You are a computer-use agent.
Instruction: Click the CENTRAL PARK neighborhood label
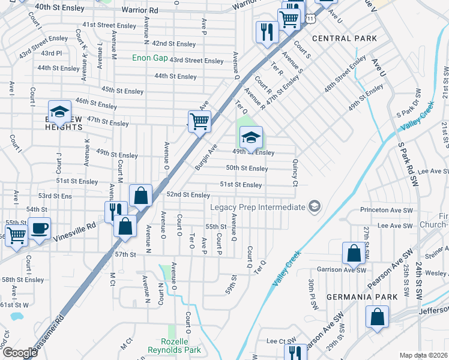345,38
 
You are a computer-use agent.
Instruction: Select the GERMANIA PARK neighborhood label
362,297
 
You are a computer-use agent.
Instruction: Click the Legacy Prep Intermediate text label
258,207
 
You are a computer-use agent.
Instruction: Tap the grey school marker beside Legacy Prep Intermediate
313,207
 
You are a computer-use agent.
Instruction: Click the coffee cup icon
39,229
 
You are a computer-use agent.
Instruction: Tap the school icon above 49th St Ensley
251,137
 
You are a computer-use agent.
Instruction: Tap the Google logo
20,353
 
